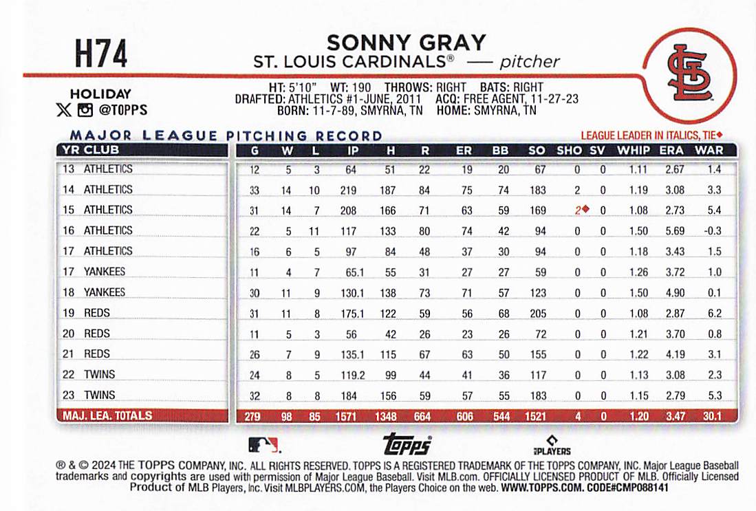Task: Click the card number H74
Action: (101, 54)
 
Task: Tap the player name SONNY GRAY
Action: (406, 43)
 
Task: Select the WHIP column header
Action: (633, 150)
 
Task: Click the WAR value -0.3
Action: (712, 230)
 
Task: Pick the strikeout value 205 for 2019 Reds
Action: (538, 313)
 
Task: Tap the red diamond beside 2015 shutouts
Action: (585, 210)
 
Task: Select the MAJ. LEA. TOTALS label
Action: (107, 415)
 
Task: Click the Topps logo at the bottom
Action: (407, 444)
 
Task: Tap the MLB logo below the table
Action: (263, 444)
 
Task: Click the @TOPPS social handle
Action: (123, 110)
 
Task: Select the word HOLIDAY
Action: (100, 94)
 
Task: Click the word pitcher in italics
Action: (530, 61)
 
